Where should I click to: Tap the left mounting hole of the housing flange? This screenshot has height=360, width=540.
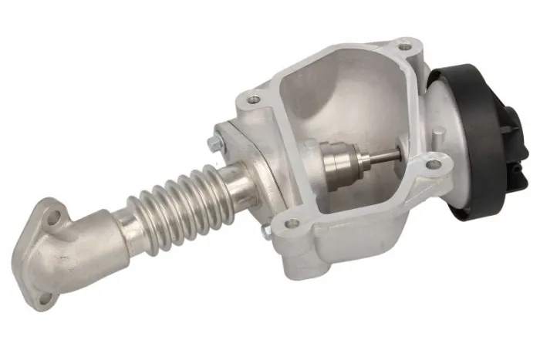(x=255, y=99)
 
